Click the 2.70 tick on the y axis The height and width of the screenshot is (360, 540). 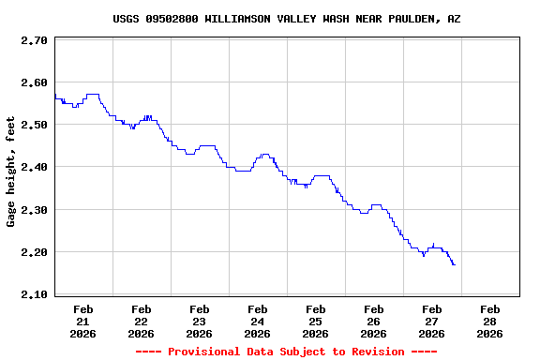[34, 41]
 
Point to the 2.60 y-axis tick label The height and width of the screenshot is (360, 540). [34, 83]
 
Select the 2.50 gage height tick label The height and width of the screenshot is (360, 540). [34, 126]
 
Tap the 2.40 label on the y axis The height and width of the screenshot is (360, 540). [34, 168]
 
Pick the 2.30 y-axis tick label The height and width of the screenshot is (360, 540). [34, 210]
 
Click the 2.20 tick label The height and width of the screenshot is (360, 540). [34, 253]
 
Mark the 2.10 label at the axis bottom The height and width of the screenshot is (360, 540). [34, 295]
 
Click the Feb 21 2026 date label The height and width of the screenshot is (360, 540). [83, 321]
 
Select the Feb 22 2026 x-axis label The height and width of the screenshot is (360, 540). [142, 321]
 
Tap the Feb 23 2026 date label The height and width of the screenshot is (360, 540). [200, 321]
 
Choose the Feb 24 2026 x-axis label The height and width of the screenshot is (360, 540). [258, 321]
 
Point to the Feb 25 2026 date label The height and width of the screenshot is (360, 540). [316, 321]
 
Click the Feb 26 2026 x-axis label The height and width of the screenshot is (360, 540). [374, 321]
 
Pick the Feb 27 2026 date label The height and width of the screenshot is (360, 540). [432, 321]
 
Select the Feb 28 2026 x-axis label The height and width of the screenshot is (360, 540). [490, 321]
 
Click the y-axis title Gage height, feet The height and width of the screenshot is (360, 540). [11, 172]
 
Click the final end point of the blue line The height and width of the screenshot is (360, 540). [455, 265]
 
